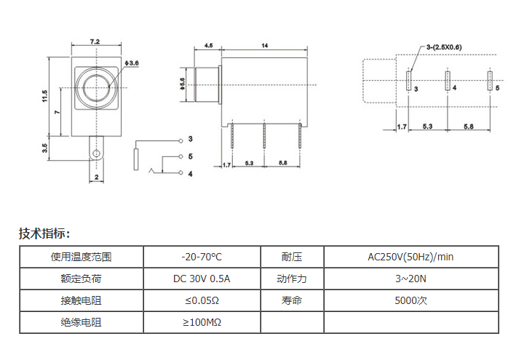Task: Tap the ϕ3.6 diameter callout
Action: point(131,64)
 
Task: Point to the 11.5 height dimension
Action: point(44,95)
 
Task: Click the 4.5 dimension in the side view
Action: point(208,46)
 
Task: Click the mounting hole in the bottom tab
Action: point(95,153)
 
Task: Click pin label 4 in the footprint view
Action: point(454,88)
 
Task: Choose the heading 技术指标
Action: point(44,233)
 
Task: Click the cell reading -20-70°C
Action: point(202,257)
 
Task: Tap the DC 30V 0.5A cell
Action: point(202,279)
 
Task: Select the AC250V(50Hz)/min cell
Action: point(410,257)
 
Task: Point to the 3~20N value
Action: point(410,279)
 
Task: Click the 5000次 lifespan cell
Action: point(410,300)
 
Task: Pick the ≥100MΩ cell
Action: point(202,322)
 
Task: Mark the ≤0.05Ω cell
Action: point(202,300)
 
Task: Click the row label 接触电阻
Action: point(81,300)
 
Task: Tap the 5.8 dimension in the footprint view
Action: point(468,127)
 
